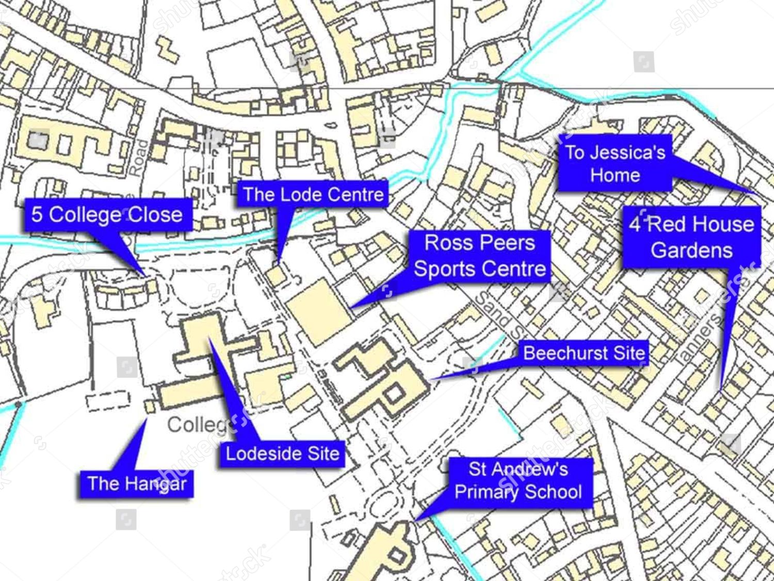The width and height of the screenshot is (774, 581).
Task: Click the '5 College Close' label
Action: tap(108, 215)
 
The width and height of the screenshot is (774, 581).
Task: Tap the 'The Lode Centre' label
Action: tap(313, 194)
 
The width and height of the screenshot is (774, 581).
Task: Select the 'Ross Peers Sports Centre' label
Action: tap(480, 256)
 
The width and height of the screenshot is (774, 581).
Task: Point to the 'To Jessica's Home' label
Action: tap(615, 163)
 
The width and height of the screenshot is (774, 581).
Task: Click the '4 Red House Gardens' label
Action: tap(691, 237)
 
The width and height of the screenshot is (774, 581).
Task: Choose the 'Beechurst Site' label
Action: tap(584, 353)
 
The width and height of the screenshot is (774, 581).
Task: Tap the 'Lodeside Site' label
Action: tap(282, 454)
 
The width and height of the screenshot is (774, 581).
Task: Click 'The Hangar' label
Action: tap(137, 484)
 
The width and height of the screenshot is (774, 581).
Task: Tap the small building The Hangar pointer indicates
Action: tap(150, 406)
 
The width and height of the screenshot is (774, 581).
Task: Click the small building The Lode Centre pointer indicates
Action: tap(276, 274)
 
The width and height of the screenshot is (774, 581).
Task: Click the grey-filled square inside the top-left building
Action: tap(37, 140)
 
